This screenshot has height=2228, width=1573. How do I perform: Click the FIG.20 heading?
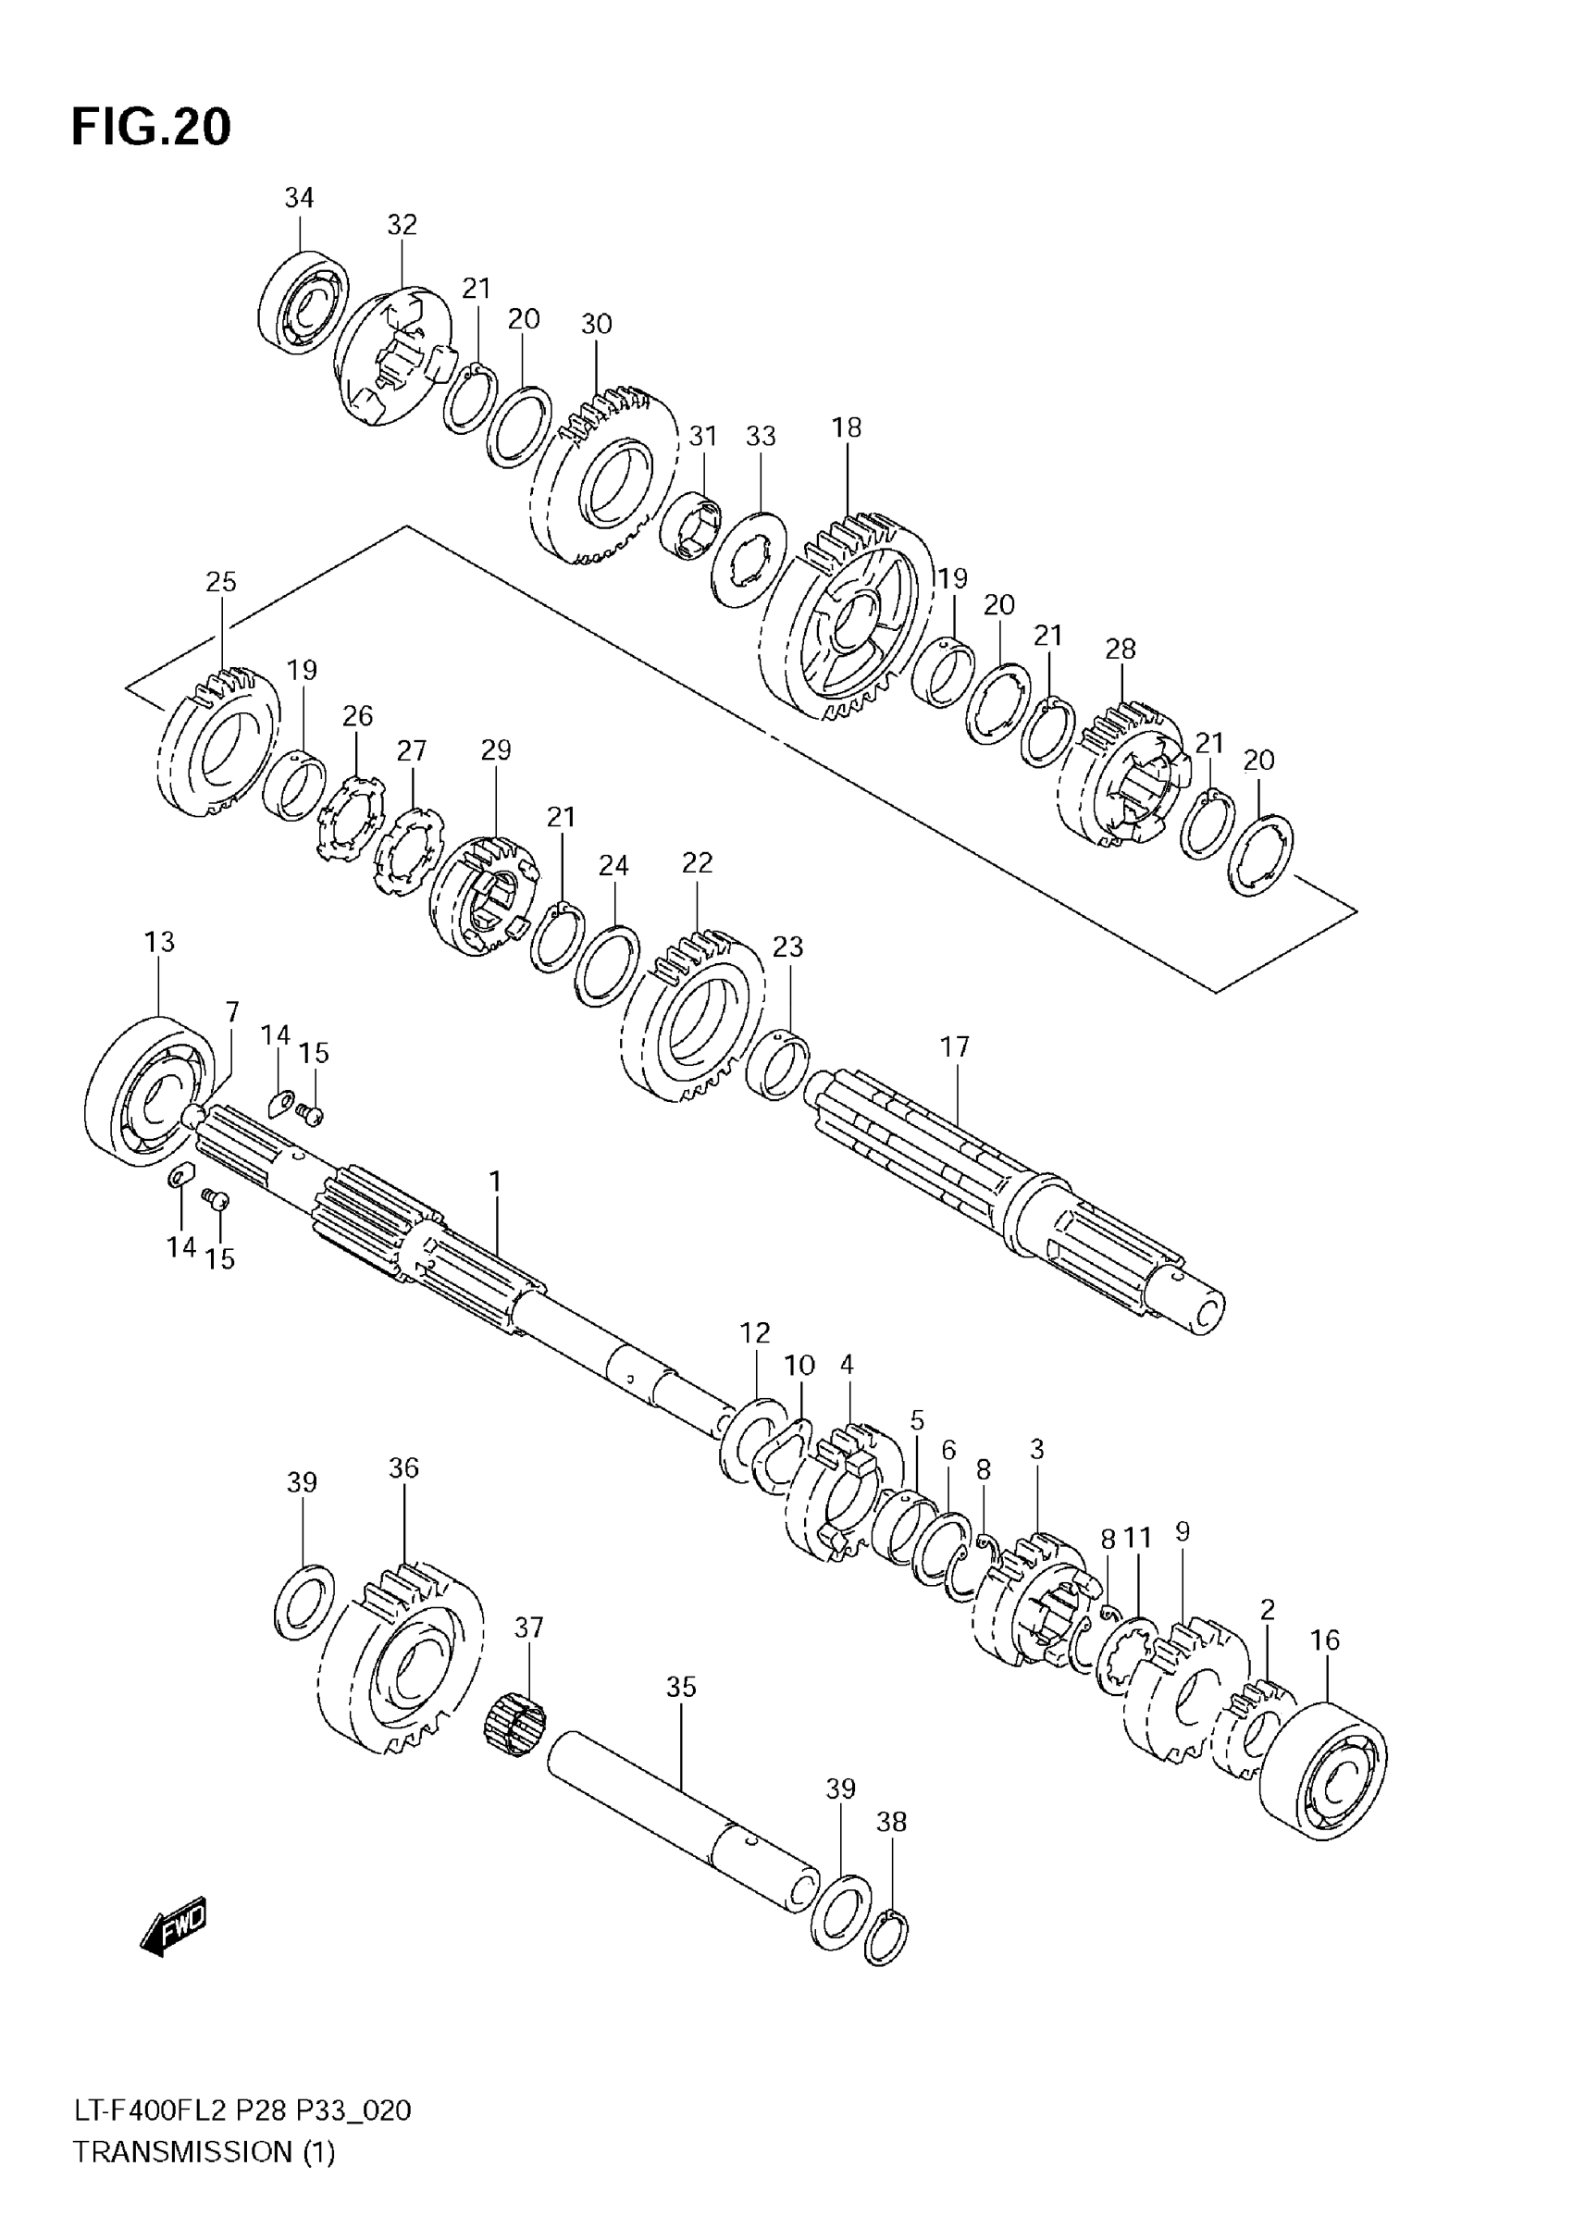point(152,128)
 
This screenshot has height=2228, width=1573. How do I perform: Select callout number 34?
point(299,198)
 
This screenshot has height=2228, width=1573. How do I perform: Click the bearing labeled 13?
point(151,1091)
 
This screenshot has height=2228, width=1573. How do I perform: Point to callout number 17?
point(955,1047)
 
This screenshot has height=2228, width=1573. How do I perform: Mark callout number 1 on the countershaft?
point(495,1182)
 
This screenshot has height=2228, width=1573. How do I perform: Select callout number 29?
point(495,750)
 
